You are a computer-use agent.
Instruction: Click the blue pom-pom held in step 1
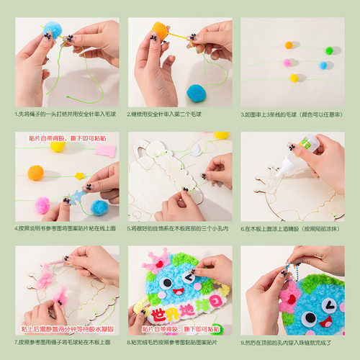(x=52, y=30)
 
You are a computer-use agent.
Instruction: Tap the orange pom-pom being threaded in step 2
(x=159, y=31)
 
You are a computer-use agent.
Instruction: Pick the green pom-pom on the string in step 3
(x=330, y=50)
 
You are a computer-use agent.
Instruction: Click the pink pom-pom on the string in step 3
(x=287, y=63)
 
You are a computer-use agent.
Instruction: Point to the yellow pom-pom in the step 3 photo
(x=293, y=78)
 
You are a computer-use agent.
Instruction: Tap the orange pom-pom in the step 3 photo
(x=289, y=45)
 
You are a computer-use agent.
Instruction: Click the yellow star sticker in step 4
(x=79, y=176)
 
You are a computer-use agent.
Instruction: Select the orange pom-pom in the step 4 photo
(x=35, y=173)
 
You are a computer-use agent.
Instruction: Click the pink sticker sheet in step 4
(x=105, y=150)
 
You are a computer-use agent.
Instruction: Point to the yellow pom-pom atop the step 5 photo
(x=221, y=135)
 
